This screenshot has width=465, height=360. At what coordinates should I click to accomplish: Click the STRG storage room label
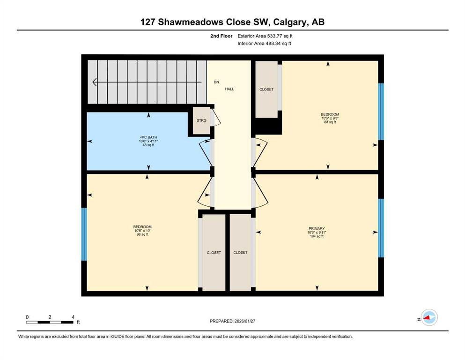201,120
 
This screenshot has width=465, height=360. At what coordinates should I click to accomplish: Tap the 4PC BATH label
148,137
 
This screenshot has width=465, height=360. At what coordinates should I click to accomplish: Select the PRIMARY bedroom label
317,229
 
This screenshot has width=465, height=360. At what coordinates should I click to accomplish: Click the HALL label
229,89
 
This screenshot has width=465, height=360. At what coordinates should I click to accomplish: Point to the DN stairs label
216,82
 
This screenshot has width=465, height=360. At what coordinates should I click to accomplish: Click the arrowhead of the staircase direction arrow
95,82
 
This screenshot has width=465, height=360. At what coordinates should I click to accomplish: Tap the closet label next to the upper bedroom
266,90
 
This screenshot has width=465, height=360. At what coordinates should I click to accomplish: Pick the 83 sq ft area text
330,122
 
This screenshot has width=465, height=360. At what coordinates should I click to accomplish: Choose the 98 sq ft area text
142,234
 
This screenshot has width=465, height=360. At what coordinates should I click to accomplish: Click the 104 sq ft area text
317,236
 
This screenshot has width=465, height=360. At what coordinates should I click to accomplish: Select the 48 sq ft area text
148,145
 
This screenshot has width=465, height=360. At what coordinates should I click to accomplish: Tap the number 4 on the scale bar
73,317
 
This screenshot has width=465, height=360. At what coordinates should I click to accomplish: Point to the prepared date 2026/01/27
244,321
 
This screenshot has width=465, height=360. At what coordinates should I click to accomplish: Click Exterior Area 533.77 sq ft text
265,36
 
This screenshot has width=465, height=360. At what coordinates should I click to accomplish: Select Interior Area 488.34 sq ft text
264,43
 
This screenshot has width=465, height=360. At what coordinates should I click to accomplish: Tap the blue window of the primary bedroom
381,228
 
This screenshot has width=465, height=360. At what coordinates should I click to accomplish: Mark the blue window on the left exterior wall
84,234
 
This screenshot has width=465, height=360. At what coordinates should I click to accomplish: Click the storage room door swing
215,118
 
